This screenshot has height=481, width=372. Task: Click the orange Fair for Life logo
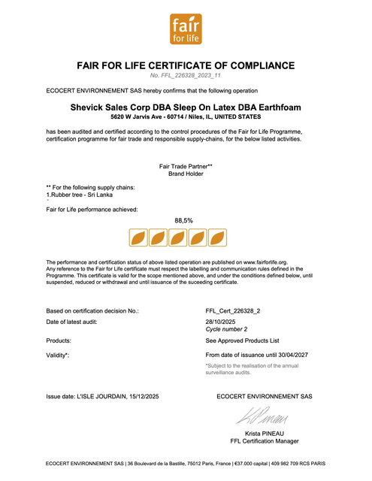[185, 29]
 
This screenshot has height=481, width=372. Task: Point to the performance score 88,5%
[184, 221]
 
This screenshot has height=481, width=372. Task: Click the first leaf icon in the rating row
[139, 238]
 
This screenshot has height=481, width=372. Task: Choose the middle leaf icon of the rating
[178, 238]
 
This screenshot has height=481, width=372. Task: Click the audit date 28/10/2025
[221, 321]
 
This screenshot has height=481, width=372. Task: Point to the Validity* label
[58, 354]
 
